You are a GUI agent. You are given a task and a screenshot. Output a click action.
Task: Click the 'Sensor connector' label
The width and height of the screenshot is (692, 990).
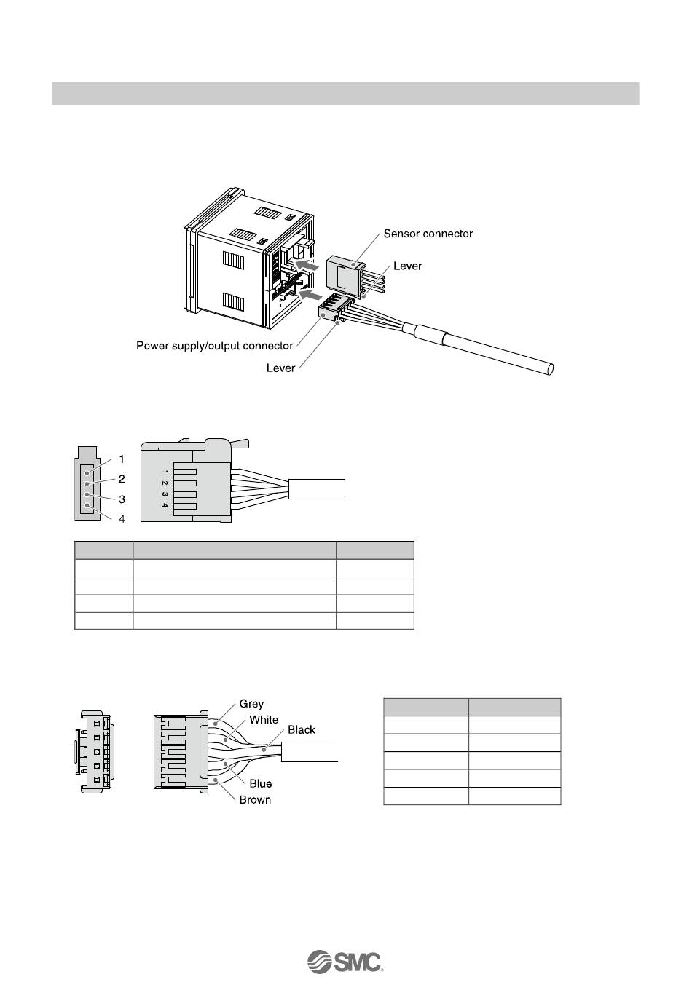[428, 234]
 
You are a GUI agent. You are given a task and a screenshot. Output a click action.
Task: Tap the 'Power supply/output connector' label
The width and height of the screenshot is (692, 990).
[214, 346]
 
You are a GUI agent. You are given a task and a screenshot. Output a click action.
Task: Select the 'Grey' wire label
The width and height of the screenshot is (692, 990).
[251, 704]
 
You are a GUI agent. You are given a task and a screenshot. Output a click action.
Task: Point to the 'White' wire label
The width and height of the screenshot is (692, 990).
[264, 719]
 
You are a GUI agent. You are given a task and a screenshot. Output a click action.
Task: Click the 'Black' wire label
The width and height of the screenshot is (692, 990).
[301, 729]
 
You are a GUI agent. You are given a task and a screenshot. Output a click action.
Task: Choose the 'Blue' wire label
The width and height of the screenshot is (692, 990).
[261, 783]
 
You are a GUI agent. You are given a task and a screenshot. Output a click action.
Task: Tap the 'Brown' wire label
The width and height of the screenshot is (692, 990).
[255, 799]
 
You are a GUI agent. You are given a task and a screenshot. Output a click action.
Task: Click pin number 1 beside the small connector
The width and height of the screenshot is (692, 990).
[122, 459]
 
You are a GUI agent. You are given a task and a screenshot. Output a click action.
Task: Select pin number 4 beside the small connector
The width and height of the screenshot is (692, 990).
[122, 519]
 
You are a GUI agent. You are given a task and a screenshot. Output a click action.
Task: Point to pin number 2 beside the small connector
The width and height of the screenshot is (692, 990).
[122, 479]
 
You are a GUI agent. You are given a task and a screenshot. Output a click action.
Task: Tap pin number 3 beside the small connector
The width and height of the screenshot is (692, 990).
[122, 499]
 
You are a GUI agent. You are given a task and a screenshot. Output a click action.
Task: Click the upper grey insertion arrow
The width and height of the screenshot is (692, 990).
[307, 265]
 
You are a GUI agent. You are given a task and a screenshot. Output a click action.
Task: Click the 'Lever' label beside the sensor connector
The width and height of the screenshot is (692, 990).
[408, 266]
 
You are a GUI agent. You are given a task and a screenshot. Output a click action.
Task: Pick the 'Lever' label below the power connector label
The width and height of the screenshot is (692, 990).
[280, 368]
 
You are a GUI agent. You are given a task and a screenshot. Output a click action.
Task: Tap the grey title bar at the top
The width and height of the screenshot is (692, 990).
[346, 93]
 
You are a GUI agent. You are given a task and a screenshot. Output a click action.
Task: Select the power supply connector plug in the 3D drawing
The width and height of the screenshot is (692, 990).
[335, 308]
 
